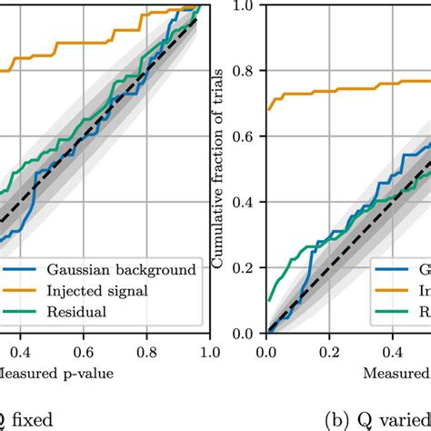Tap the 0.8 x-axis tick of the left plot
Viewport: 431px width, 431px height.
click(x=145, y=351)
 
